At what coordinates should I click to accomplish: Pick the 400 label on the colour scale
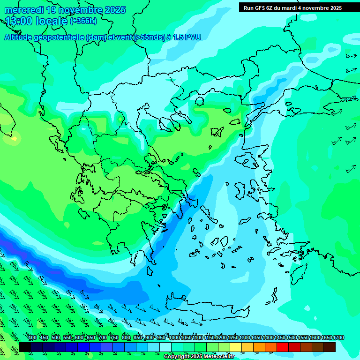tap(32, 338)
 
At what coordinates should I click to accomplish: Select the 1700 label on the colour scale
tap(338, 338)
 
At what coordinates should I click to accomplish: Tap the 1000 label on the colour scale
tap(174, 338)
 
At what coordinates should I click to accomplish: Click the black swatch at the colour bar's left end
tap(25, 347)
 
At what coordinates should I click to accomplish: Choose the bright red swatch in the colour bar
tap(283, 347)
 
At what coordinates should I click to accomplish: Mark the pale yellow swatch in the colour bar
tap(236, 347)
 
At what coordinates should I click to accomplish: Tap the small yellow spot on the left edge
tap(15, 139)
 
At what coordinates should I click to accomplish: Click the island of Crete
tap(206, 307)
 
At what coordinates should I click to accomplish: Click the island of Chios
tap(242, 192)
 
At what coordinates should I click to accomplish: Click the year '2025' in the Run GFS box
tap(335, 8)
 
